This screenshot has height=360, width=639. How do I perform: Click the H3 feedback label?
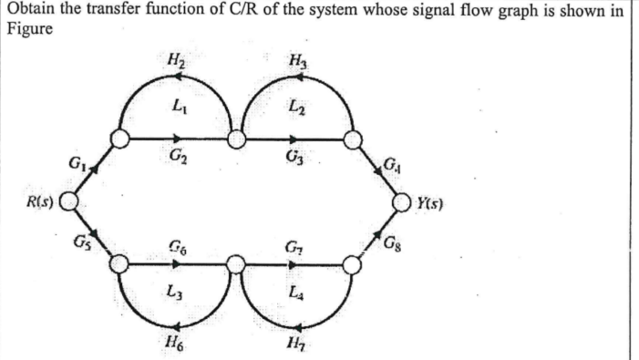point(295,62)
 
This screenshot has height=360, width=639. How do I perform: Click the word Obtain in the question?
point(30,11)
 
